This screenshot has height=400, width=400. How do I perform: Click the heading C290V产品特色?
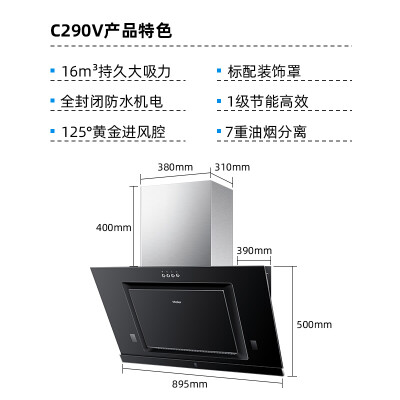(x=111, y=31)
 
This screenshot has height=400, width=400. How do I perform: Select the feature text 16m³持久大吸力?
(x=116, y=71)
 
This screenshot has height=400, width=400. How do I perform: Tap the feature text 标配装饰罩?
(x=264, y=71)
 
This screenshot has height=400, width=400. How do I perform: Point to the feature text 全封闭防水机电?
(x=111, y=102)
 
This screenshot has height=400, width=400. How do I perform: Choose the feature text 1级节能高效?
(x=268, y=102)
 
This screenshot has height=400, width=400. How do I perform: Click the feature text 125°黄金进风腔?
(x=113, y=132)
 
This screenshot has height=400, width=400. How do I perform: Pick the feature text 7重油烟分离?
(x=266, y=132)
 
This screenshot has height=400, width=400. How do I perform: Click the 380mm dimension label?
(x=175, y=167)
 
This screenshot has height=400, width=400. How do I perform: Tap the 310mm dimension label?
(x=232, y=167)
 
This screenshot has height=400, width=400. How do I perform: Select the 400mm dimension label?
(x=114, y=228)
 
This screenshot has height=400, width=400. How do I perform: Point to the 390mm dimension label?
(x=254, y=250)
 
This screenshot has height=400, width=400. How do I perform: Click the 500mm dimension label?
(x=314, y=324)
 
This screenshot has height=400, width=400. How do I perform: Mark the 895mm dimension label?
(x=190, y=384)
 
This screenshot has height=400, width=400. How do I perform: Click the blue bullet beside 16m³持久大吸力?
(x=52, y=71)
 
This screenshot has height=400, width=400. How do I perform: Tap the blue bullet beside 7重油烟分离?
(x=219, y=131)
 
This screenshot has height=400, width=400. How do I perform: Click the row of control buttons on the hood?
(x=171, y=275)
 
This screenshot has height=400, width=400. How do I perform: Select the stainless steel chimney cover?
(x=187, y=223)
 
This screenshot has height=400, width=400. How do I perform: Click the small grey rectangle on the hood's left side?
(x=132, y=338)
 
